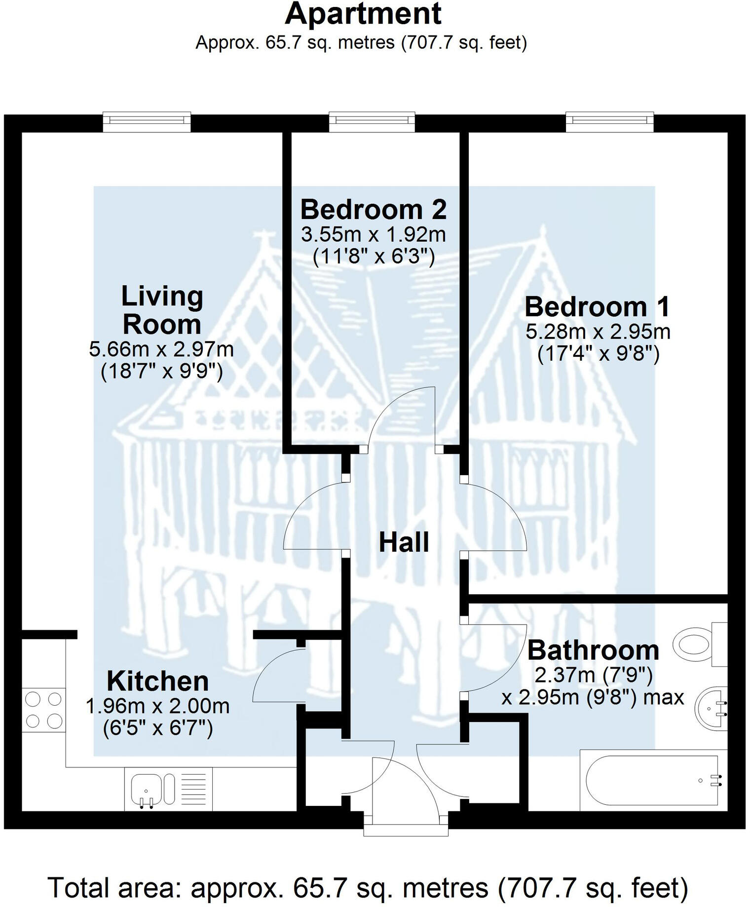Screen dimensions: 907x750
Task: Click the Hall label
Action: (x=404, y=542)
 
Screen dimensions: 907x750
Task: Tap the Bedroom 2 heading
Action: (x=374, y=209)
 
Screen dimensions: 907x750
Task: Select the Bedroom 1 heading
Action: (x=598, y=306)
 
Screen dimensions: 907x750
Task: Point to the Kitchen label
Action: (x=158, y=681)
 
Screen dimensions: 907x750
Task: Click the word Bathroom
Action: (x=593, y=650)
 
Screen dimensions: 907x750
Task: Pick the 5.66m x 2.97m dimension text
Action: (x=161, y=349)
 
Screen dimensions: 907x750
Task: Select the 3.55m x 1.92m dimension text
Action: (x=374, y=234)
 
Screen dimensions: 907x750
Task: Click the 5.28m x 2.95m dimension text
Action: (x=598, y=332)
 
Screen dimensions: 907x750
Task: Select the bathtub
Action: (x=651, y=781)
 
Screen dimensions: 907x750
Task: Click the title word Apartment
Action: (x=363, y=14)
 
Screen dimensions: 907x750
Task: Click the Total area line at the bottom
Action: (x=368, y=887)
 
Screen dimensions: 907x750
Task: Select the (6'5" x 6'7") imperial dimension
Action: (x=158, y=728)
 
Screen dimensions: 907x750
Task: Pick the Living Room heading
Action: (x=162, y=310)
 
